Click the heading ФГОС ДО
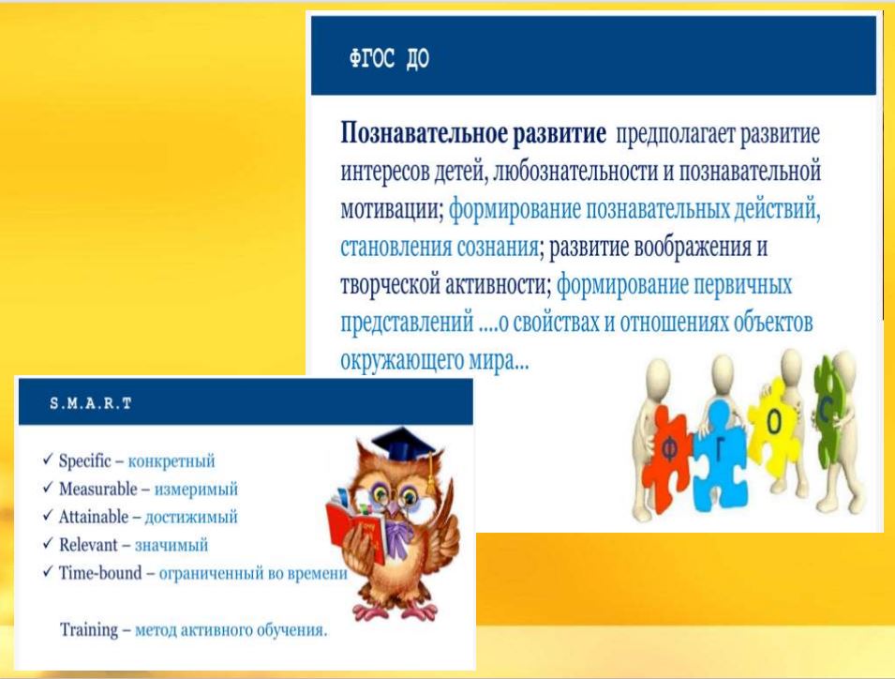[x=389, y=58]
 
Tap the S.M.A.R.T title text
[x=91, y=403]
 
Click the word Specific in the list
[x=85, y=460]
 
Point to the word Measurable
[x=98, y=489]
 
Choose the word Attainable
[x=94, y=516]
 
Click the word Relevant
[x=88, y=544]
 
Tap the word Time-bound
[x=100, y=572]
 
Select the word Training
[x=89, y=629]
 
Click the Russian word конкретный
[x=172, y=460]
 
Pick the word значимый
[x=172, y=545]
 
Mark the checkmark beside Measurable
[x=48, y=488]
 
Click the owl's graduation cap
[x=403, y=447]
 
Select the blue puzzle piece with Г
[x=721, y=457]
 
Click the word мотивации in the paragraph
[x=392, y=210]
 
